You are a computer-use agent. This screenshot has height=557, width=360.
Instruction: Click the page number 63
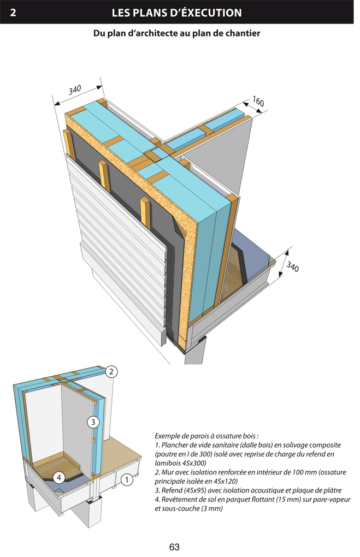(x=175, y=547)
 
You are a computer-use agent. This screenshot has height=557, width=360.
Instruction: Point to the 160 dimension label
(x=258, y=102)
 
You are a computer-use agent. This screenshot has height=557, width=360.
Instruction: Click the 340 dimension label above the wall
(x=75, y=90)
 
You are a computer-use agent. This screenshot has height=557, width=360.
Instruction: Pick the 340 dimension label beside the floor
(x=292, y=267)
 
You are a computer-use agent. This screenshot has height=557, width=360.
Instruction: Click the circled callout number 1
(x=126, y=481)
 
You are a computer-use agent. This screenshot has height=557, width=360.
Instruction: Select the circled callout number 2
(x=111, y=372)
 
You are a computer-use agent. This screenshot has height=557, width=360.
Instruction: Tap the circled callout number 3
(x=93, y=422)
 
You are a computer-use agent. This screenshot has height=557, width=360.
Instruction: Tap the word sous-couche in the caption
(x=185, y=508)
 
